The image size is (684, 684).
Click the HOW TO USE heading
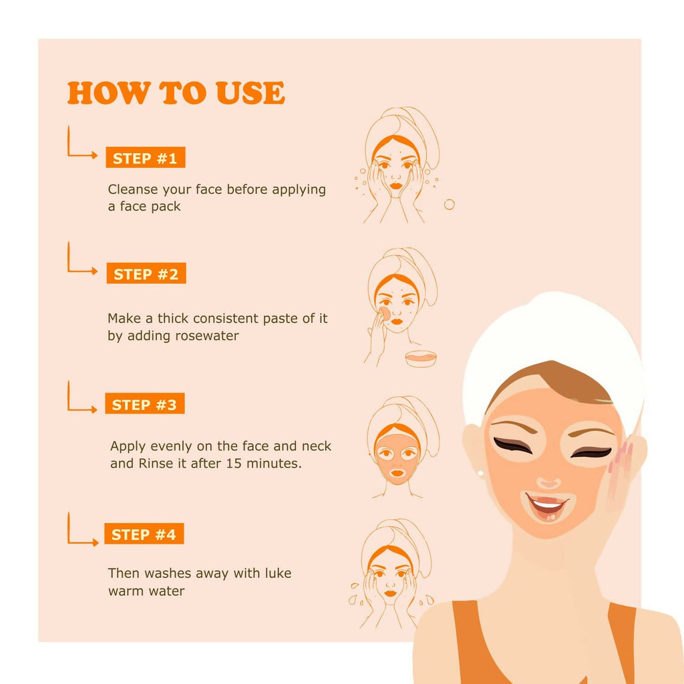pyautogui.click(x=176, y=94)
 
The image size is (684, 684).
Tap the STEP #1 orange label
pyautogui.click(x=145, y=158)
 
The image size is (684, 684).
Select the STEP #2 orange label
pyautogui.click(x=146, y=274)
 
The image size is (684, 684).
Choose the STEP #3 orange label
pyautogui.click(x=144, y=404)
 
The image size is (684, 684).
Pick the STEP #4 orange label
pyautogui.click(x=144, y=534)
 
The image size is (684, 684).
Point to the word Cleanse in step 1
pyautogui.click(x=132, y=190)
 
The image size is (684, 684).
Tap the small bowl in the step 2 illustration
pyautogui.click(x=420, y=359)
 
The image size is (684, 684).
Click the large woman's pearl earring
pyautogui.click(x=480, y=474)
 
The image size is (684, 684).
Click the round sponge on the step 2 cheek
pyautogui.click(x=385, y=313)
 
